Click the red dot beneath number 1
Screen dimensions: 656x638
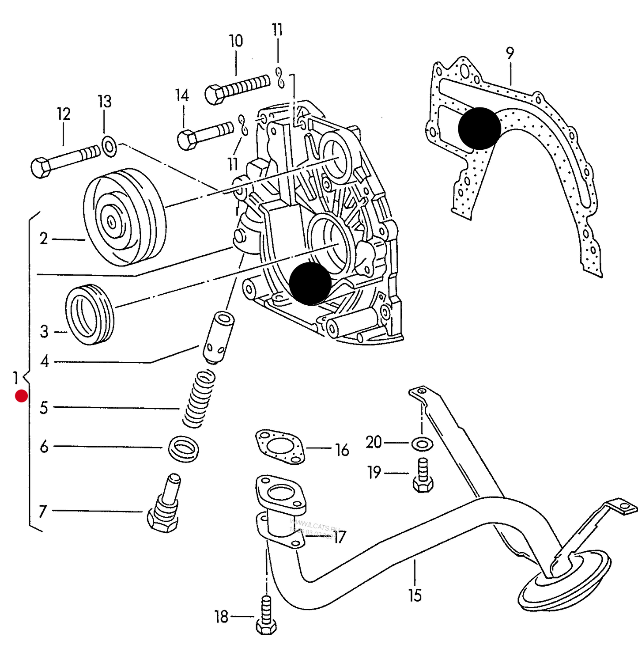pos(21,396)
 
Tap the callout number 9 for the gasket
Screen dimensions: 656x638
pos(510,53)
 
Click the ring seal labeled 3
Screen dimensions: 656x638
pos(90,314)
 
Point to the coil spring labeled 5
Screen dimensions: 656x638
pos(199,399)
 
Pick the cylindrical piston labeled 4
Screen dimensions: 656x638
pos(218,337)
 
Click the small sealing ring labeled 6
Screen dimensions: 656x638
pos(184,449)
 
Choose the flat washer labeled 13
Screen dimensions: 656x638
pos(109,147)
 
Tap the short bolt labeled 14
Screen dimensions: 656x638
pos(204,134)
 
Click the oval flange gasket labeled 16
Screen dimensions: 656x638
pos(280,446)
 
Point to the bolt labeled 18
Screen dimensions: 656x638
pos(266,616)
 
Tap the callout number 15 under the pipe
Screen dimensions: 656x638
pos(415,595)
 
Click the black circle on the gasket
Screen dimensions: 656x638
pos(479,129)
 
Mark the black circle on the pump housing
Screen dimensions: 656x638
pos(310,284)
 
